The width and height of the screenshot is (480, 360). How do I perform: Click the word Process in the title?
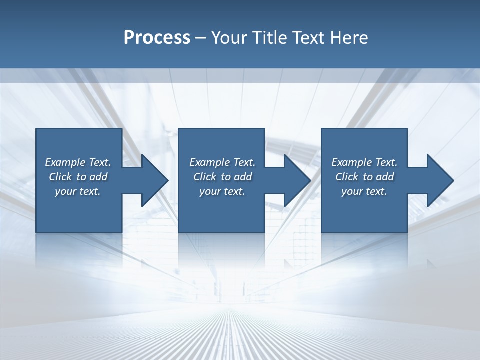click(x=157, y=38)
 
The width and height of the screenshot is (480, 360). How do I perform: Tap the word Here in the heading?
click(x=349, y=38)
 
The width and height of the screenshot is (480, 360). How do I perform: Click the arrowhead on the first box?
click(x=154, y=180)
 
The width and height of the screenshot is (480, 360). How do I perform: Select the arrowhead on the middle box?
click(x=297, y=180)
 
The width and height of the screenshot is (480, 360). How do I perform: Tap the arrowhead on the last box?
click(x=440, y=180)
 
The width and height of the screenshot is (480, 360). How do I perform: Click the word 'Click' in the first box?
click(x=60, y=177)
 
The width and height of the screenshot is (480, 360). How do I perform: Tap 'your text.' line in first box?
click(x=78, y=191)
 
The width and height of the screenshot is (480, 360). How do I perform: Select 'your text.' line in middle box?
click(x=222, y=191)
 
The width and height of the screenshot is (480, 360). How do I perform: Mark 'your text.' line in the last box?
click(x=364, y=191)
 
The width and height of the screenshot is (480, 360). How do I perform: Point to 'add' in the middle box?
click(x=243, y=177)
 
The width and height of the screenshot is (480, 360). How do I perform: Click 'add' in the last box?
click(x=385, y=177)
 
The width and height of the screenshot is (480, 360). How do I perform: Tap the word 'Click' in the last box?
click(x=347, y=177)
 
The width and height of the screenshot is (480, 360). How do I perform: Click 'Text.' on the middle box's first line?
click(x=244, y=162)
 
